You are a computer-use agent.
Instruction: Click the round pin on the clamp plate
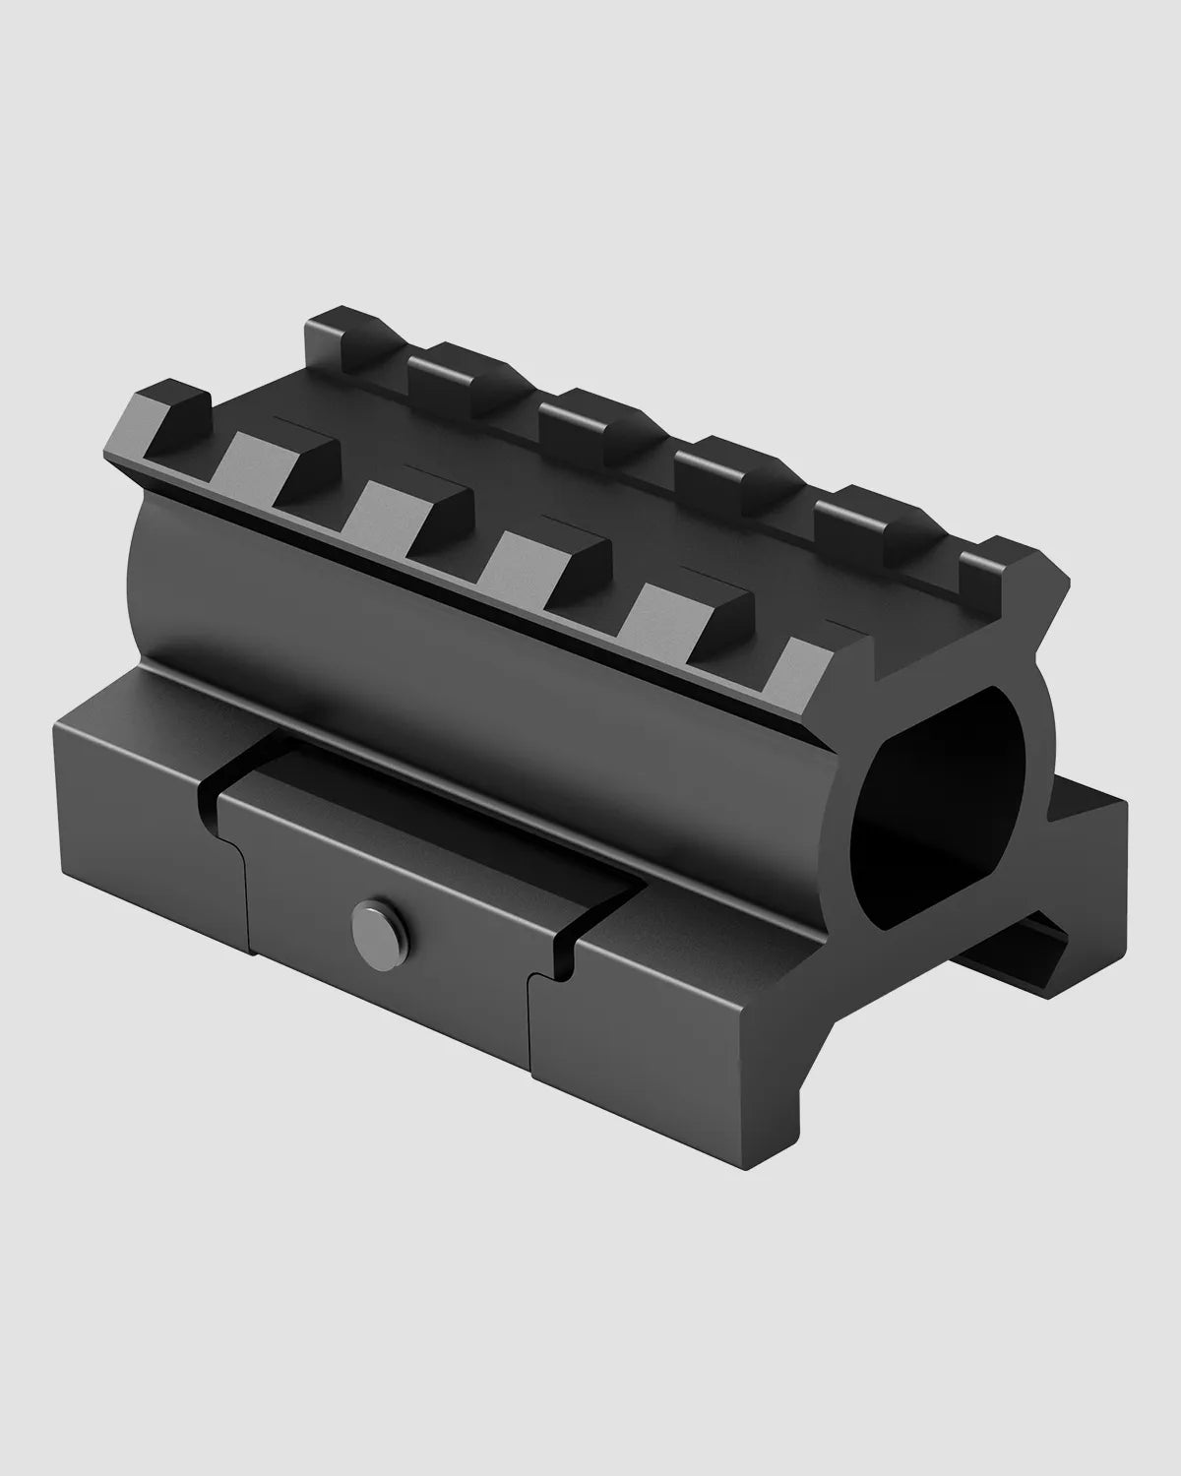[371, 923]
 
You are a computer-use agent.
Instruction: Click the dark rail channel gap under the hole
[1033, 945]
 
